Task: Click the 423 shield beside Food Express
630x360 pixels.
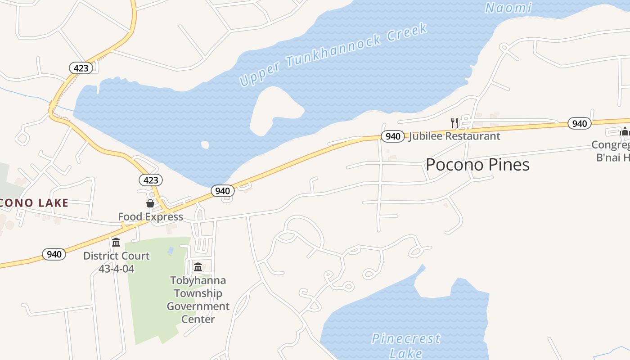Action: (150, 180)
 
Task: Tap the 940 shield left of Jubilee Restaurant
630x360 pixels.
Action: (392, 136)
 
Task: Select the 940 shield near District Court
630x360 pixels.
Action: (54, 254)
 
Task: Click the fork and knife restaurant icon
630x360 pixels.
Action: (454, 122)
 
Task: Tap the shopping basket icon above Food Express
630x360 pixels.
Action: (150, 204)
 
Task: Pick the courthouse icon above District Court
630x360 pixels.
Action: (116, 243)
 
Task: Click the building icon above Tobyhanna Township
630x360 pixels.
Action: (198, 267)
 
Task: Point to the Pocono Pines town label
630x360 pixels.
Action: (477, 165)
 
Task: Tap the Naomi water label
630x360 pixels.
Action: (508, 8)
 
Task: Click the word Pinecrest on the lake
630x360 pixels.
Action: (406, 338)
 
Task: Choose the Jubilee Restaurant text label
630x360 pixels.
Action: (454, 136)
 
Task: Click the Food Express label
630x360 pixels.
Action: (150, 217)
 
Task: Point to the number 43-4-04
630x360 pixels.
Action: (116, 269)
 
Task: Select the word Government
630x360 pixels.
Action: (198, 306)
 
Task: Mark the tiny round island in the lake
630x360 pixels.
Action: (205, 144)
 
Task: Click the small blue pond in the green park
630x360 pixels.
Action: (171, 251)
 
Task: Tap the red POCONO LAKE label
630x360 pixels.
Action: (34, 203)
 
